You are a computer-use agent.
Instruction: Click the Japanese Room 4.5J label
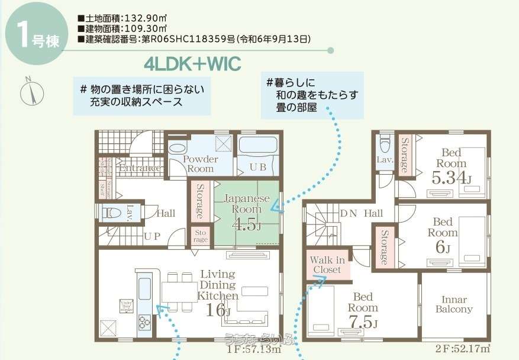pyautogui.click(x=247, y=211)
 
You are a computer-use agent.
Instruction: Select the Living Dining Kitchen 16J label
pyautogui.click(x=217, y=291)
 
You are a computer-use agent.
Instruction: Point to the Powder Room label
pyautogui.click(x=200, y=164)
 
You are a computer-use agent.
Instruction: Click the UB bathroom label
pyautogui.click(x=257, y=167)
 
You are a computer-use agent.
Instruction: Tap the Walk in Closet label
pyautogui.click(x=327, y=264)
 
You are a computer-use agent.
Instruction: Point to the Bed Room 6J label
pyautogui.click(x=443, y=234)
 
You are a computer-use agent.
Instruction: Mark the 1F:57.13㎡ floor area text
pyautogui.click(x=254, y=349)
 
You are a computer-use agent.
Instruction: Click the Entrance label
pyautogui.click(x=140, y=168)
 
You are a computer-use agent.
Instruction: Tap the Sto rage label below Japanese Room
pyautogui.click(x=201, y=236)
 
